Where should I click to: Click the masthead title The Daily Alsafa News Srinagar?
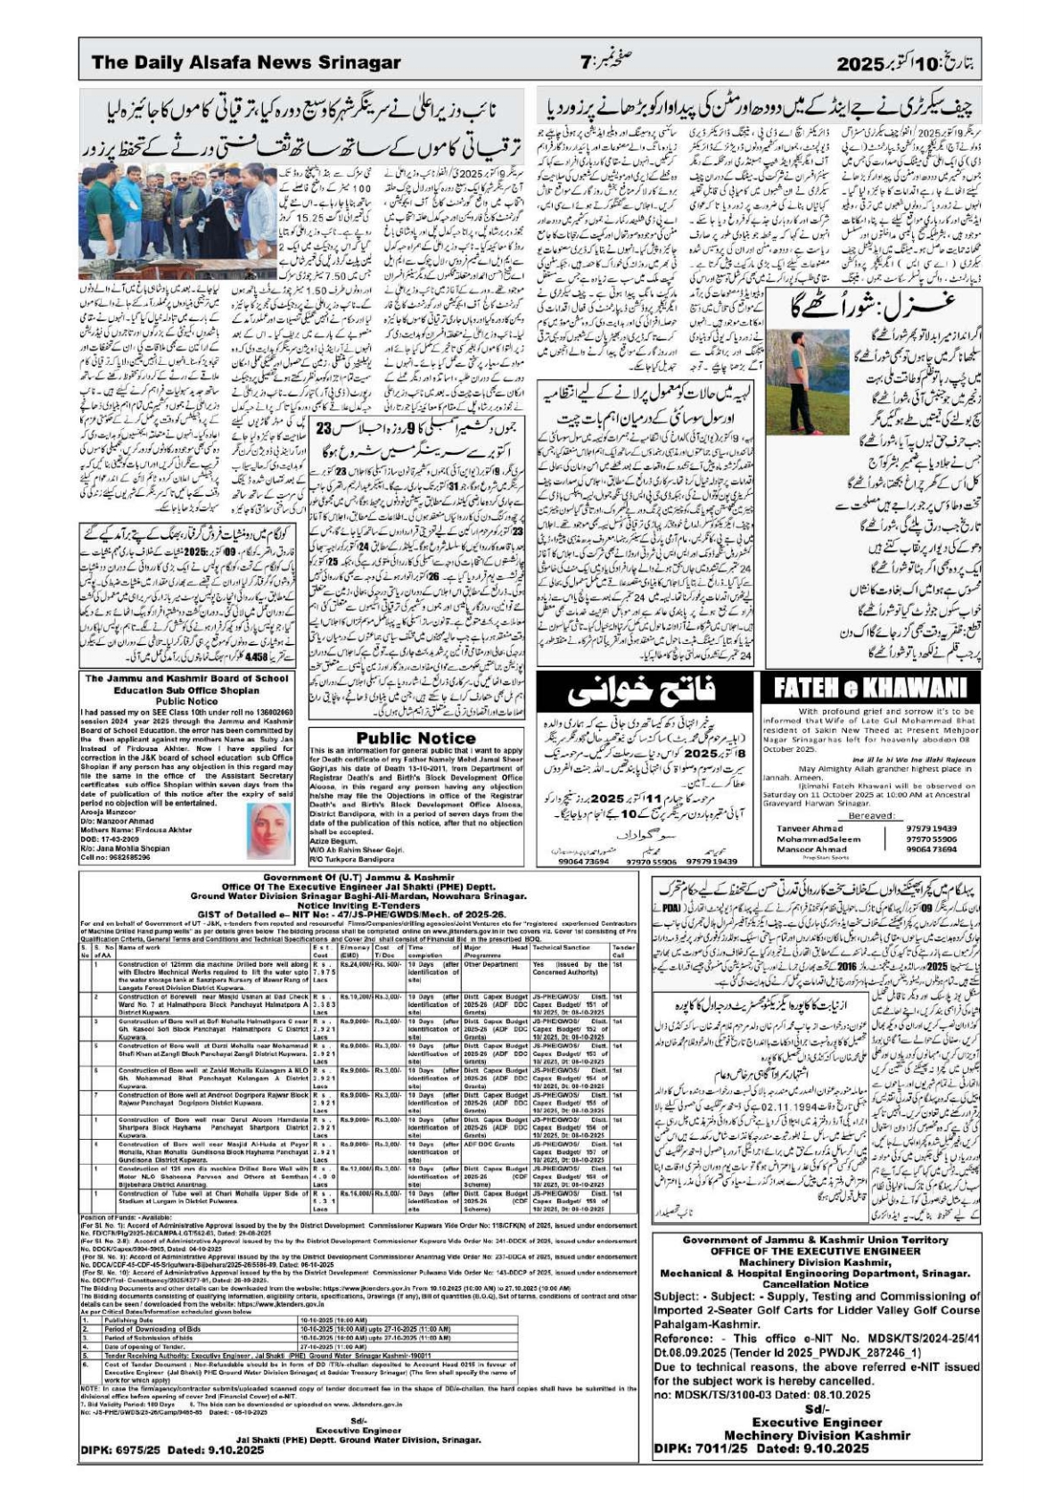245,62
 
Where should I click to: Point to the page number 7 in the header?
585,62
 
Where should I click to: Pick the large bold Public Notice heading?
415,738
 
